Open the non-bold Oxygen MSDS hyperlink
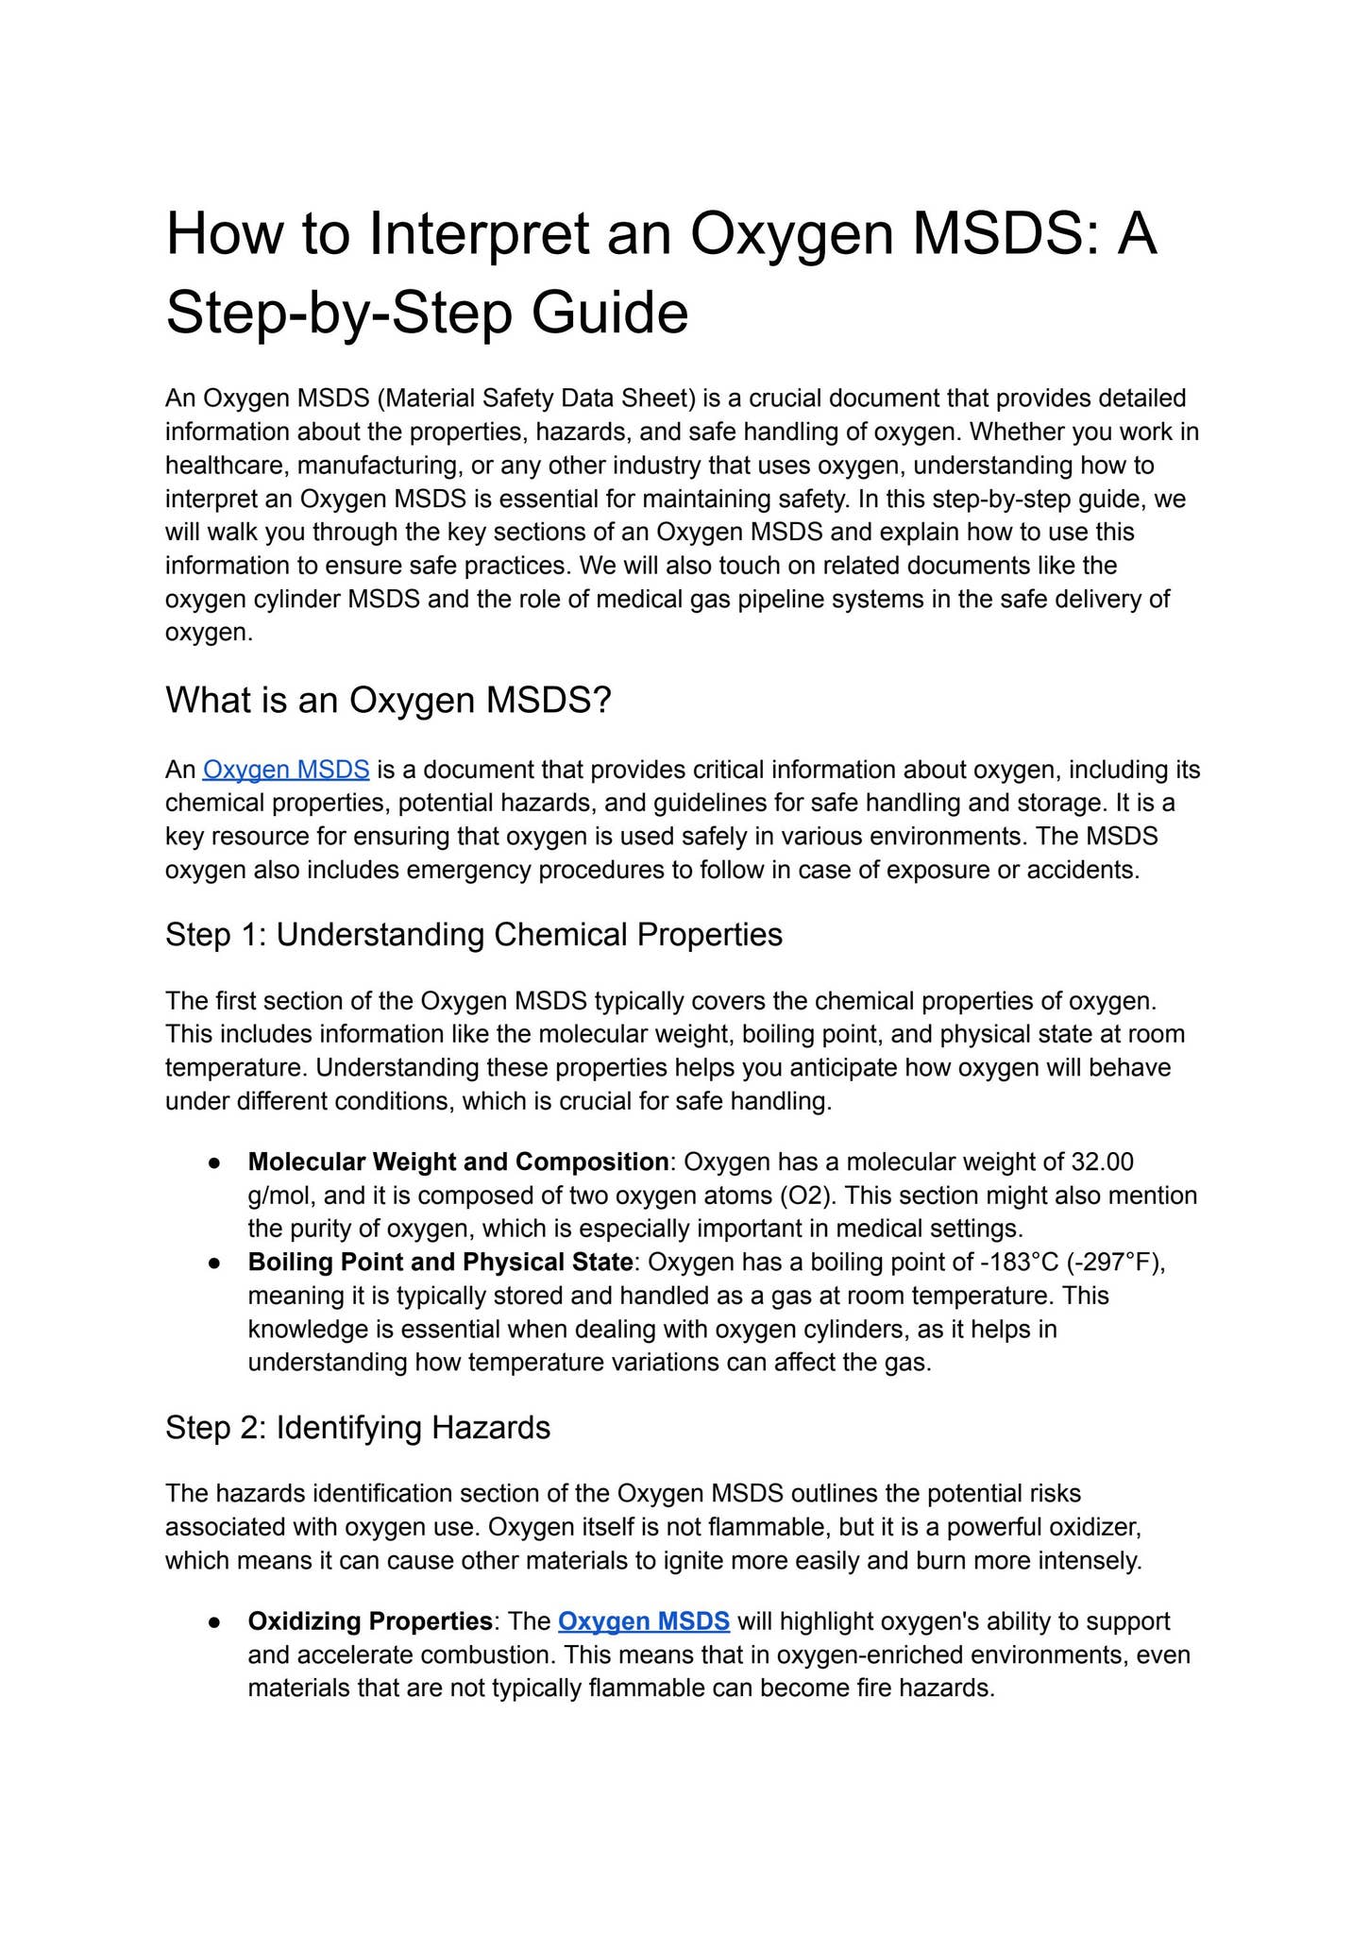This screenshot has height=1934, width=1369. click(x=286, y=770)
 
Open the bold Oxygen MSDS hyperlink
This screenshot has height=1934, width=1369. click(x=644, y=1621)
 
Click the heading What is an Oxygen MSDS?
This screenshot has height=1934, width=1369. click(x=388, y=700)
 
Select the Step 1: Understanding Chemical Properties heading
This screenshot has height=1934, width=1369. click(x=473, y=934)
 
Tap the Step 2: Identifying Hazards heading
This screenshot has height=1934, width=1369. click(x=357, y=1427)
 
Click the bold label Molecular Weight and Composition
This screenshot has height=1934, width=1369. click(x=458, y=1162)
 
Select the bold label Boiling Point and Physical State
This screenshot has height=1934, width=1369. click(x=440, y=1263)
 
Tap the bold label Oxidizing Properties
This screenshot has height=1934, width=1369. click(x=369, y=1621)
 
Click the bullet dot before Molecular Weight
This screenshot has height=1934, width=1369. click(x=215, y=1162)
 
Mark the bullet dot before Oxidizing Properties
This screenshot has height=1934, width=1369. click(x=215, y=1622)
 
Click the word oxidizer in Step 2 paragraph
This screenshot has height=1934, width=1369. click(x=1101, y=1527)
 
